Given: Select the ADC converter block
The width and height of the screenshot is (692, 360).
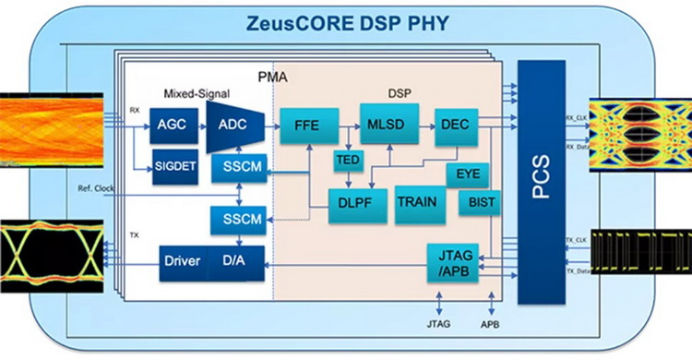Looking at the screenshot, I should click(230, 125).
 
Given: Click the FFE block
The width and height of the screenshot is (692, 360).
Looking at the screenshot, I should click(307, 125).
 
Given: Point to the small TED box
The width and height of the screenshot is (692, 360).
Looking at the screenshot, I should click(348, 162).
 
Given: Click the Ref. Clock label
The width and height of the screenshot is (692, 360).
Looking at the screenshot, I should click(97, 188).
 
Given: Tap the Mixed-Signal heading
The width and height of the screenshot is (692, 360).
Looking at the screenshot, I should click(196, 93).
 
